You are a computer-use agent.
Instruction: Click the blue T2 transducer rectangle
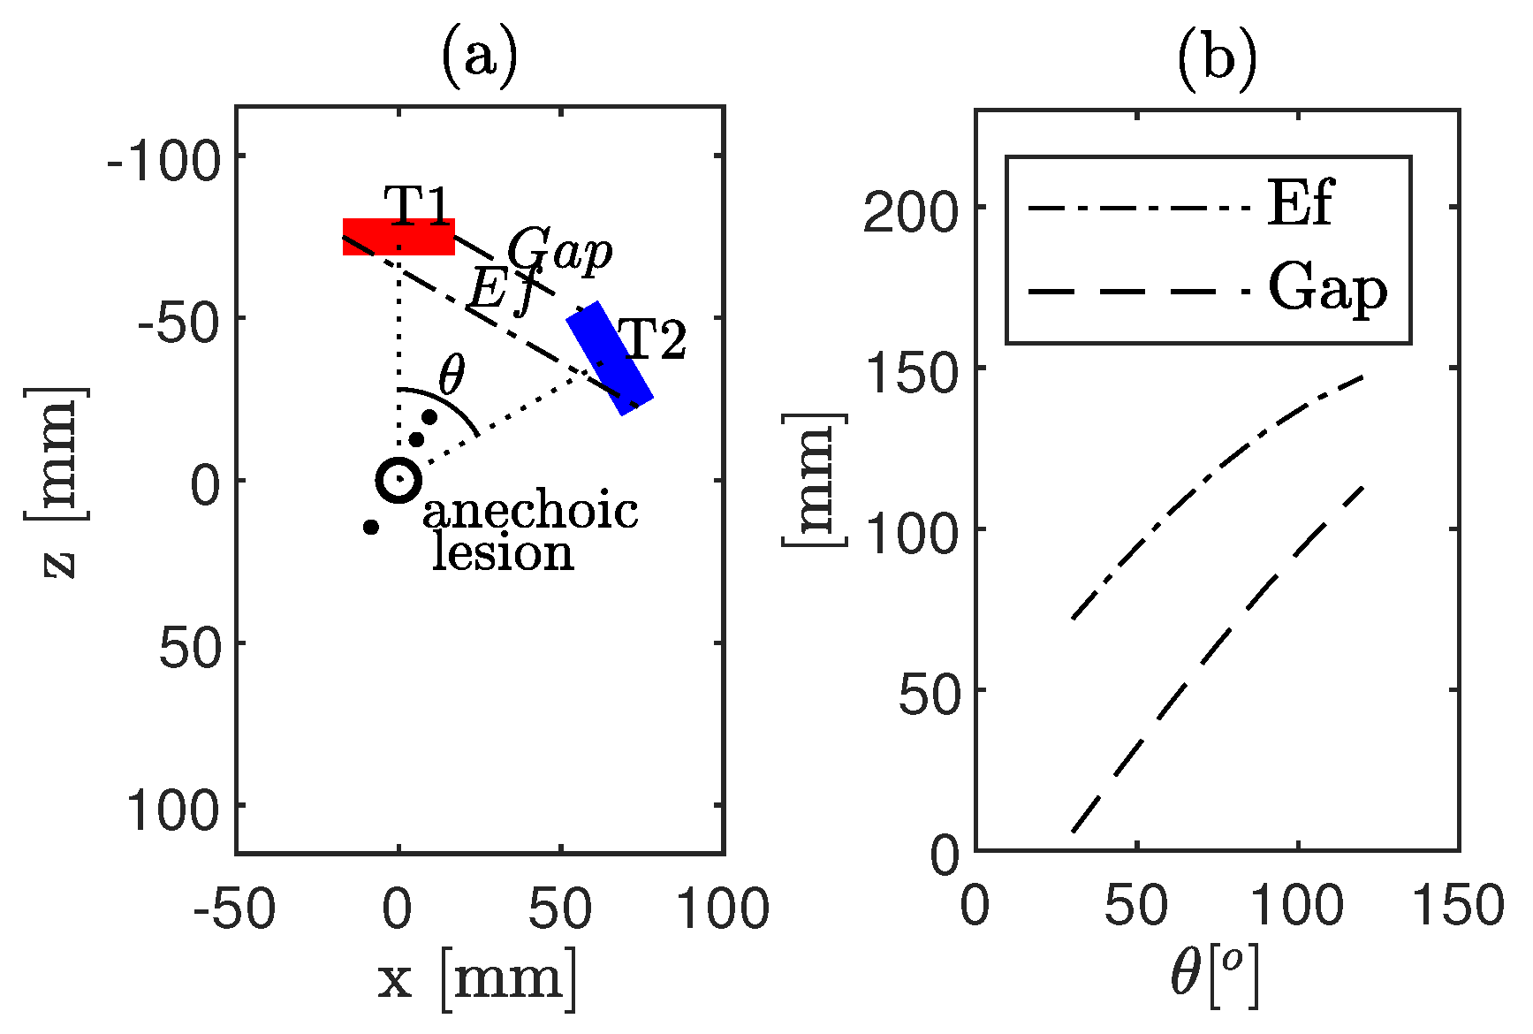(x=611, y=358)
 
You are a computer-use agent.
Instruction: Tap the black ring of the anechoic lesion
(x=398, y=480)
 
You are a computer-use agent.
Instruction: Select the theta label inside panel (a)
(x=451, y=376)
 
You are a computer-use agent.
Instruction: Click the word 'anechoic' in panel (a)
(x=530, y=513)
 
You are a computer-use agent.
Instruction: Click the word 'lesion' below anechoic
(x=503, y=554)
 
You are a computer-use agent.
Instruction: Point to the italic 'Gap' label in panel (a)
(x=559, y=252)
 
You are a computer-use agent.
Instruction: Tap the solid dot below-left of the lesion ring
(x=371, y=528)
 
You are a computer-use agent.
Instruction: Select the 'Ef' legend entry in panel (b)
(x=1299, y=205)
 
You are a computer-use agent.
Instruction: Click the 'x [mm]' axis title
(x=478, y=979)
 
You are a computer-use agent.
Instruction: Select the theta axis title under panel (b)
(x=1214, y=977)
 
